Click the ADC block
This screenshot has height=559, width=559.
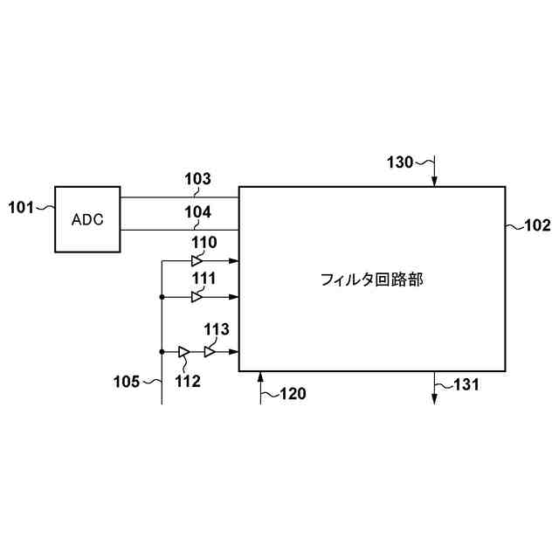coord(87,219)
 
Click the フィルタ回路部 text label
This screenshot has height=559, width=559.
coord(372,279)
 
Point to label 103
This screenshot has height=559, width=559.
coord(197,180)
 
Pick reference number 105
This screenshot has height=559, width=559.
coord(127,382)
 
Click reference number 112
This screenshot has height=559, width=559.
coord(187,381)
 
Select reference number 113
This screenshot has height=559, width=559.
coord(217,329)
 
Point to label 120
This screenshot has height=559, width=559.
coord(292,394)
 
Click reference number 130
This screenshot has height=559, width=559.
coord(401,162)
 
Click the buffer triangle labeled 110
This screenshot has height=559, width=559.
coord(197,261)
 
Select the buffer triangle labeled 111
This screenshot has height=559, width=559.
coord(197,297)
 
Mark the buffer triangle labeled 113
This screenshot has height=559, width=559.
coord(210,352)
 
